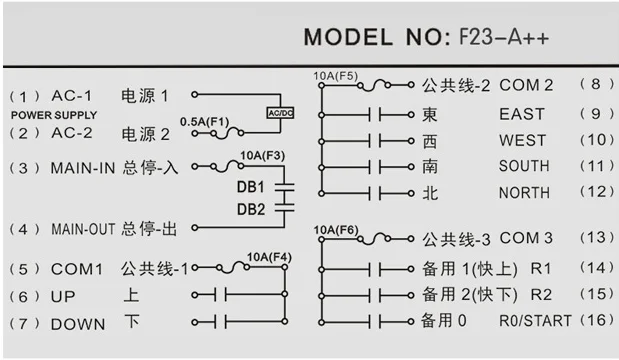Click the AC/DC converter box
[280, 113]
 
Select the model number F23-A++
[504, 38]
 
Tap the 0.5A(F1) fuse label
[204, 122]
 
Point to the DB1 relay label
[251, 187]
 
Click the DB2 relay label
[251, 209]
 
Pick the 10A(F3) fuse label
[263, 156]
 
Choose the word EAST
[522, 114]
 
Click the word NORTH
[524, 193]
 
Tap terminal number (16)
[596, 320]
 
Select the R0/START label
[535, 321]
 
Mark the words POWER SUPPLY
[54, 115]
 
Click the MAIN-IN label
[83, 168]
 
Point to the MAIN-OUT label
[83, 229]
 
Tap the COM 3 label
[526, 238]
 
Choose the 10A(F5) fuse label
[336, 76]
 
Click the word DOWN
[78, 324]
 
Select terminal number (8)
[596, 84]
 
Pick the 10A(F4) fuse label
[269, 257]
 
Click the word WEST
[522, 141]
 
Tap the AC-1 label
[71, 96]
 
